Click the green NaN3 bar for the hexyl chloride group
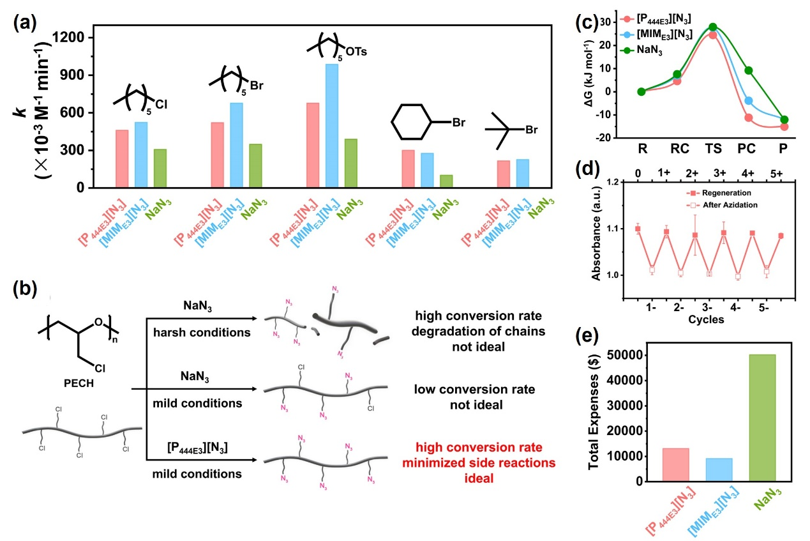160,168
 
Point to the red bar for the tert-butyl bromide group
503,174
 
